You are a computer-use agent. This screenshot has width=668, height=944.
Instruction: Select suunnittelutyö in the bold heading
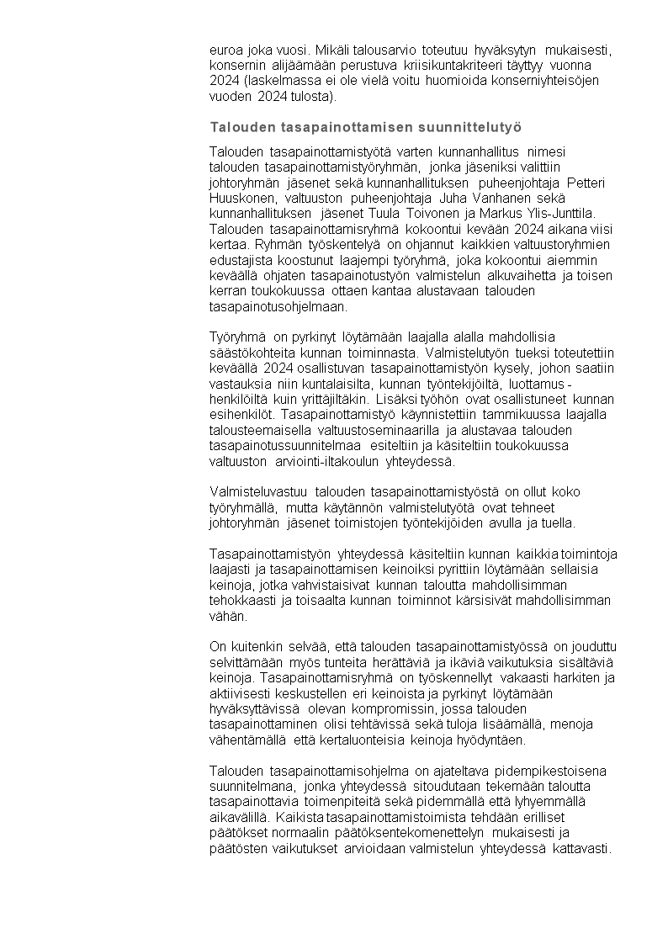[x=474, y=127]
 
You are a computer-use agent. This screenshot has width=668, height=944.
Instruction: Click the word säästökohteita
[x=250, y=353]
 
